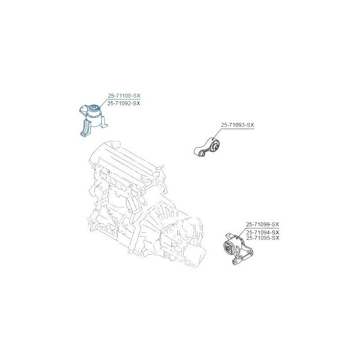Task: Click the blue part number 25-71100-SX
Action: [124, 95]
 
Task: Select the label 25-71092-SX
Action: [124, 103]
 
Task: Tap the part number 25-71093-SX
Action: [238, 125]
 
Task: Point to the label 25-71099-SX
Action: [263, 224]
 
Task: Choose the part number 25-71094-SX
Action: [263, 232]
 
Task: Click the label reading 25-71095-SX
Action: [263, 238]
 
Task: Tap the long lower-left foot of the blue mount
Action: [85, 128]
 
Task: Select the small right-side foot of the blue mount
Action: [104, 121]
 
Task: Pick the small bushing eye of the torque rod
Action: [202, 153]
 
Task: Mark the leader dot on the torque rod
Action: [213, 139]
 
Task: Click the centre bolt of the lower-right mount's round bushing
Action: [229, 248]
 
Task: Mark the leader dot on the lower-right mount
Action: [237, 239]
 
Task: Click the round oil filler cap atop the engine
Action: [116, 144]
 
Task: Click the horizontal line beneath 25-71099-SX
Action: [263, 229]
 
